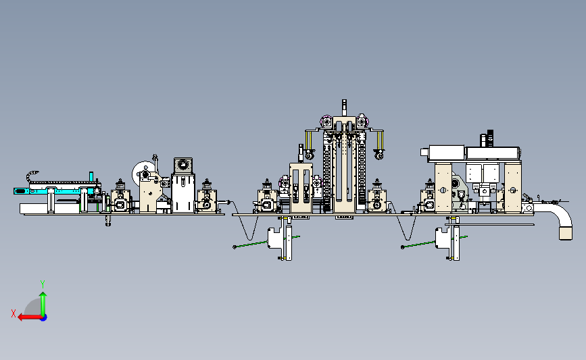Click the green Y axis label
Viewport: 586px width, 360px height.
pos(43,284)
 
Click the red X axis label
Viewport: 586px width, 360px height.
pos(14,313)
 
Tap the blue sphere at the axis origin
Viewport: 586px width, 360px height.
pos(44,317)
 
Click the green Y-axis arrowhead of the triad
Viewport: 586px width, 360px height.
pos(43,295)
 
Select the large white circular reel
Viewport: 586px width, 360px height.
pos(141,172)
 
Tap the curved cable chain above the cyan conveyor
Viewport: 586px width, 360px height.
pos(31,176)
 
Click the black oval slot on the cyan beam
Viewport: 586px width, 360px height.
pos(20,191)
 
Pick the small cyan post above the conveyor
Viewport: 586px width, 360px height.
pos(91,176)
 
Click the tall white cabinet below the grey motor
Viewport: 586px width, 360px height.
pos(183,193)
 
